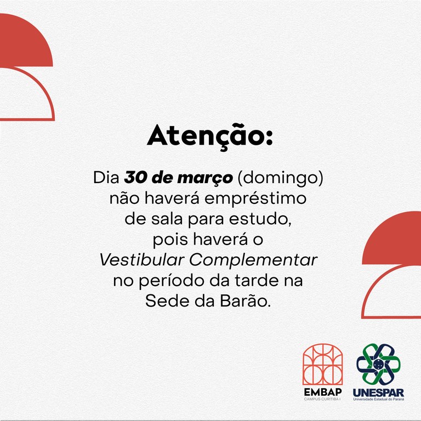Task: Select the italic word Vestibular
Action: tap(142, 260)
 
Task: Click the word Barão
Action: tap(244, 300)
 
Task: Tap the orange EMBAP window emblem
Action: tap(322, 364)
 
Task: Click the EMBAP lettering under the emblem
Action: tap(323, 392)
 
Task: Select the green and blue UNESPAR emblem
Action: tap(378, 364)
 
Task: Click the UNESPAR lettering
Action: tap(378, 393)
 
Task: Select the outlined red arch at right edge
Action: tap(373, 285)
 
